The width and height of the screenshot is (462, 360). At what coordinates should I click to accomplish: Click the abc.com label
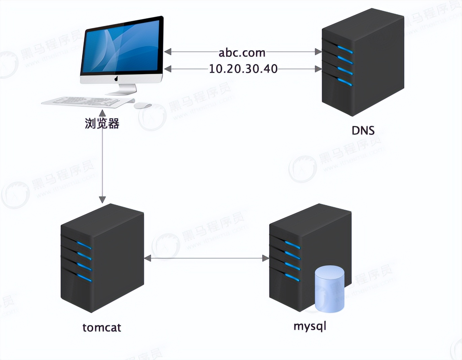[x=242, y=53]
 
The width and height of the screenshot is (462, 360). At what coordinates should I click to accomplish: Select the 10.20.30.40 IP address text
[x=243, y=69]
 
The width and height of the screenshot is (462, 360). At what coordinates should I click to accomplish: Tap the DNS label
[x=363, y=130]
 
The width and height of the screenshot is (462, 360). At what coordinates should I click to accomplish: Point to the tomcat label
[x=102, y=327]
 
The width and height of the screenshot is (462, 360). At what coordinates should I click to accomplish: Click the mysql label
[x=310, y=326]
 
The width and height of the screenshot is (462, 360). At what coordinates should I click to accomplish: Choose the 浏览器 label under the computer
[x=102, y=124]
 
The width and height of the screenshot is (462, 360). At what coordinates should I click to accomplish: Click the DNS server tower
[x=363, y=62]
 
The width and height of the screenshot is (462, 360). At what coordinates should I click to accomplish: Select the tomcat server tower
[x=102, y=258]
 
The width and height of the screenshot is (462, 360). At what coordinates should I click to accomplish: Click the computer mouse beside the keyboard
[x=142, y=106]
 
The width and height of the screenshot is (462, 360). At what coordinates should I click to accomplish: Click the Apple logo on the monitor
[x=116, y=79]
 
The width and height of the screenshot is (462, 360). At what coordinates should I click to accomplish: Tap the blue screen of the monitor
[x=121, y=47]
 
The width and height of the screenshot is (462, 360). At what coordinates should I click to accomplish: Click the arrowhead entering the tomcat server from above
[x=102, y=199]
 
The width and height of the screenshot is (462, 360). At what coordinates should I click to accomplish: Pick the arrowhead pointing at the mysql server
[x=265, y=259]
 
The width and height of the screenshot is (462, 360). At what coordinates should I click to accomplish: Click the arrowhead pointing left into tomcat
[x=148, y=259]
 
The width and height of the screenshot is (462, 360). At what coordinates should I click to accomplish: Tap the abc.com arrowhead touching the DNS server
[x=318, y=52]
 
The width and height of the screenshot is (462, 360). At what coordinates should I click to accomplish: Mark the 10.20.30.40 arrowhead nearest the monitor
[x=168, y=69]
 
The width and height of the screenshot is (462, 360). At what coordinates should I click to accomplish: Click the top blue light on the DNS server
[x=345, y=50]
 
